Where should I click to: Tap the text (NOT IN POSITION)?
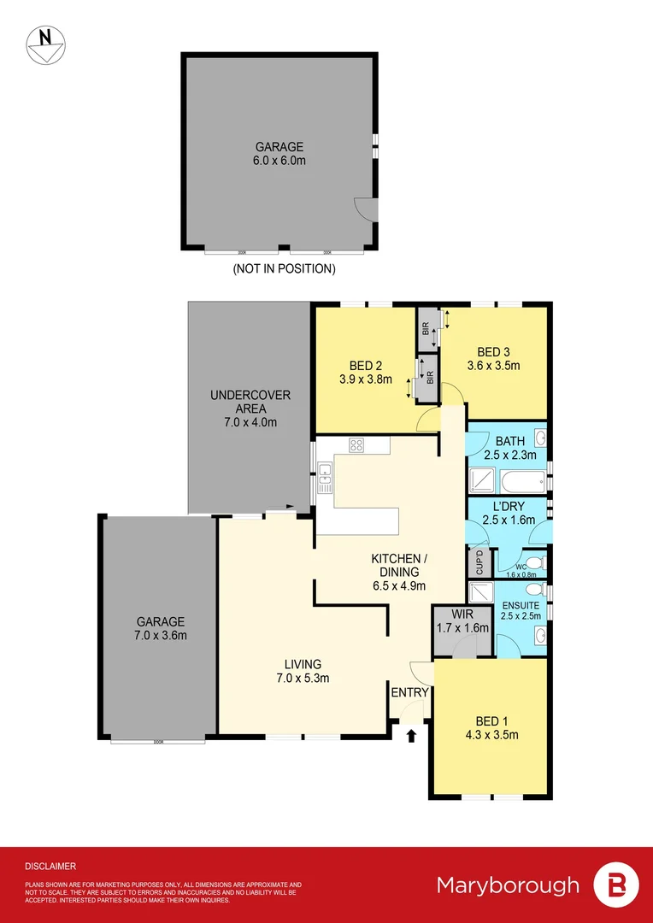coord(284,268)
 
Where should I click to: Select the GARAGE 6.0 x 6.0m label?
coord(278,153)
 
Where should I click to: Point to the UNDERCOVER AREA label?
coord(250,408)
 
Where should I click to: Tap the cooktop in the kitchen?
coord(356,444)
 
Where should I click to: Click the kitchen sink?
coord(325,479)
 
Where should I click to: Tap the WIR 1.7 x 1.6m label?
coord(462,621)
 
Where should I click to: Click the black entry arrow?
coord(411,733)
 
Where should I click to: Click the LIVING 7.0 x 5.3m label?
coord(303,671)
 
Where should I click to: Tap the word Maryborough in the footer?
coord(508,885)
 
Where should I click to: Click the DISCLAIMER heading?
coord(50,866)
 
